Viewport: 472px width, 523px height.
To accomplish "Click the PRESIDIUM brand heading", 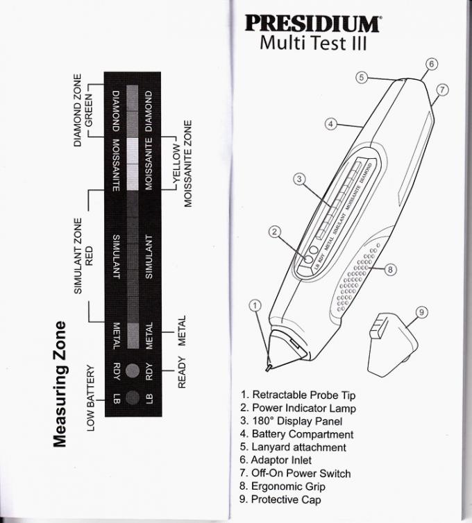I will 312,22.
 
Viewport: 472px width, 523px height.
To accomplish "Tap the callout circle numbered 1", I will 255,305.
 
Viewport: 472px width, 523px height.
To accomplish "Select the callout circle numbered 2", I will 275,232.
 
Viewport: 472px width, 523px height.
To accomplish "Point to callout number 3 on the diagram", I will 299,179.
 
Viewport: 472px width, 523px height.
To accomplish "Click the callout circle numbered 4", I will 331,123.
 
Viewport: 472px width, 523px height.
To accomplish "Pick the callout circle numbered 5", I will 361,77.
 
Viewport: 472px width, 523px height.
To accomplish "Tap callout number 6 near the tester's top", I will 430,65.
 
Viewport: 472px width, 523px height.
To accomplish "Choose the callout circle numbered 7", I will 442,89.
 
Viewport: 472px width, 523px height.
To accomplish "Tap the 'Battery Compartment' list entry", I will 296,434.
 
